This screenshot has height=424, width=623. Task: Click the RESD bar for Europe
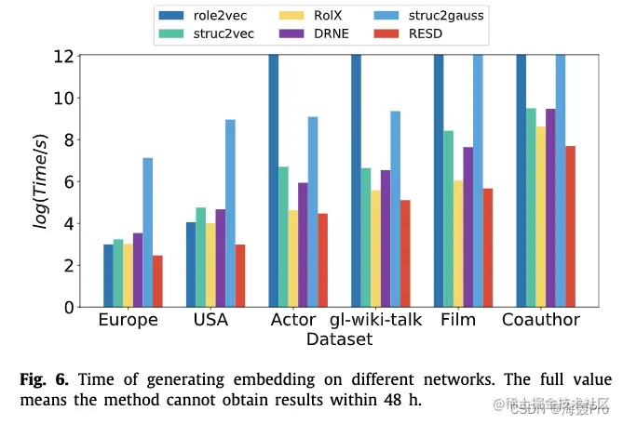(x=158, y=281)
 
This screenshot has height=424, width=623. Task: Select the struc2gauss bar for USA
(x=230, y=213)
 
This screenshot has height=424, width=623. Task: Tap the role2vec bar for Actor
(x=273, y=181)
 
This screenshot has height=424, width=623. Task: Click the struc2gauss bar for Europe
(x=148, y=232)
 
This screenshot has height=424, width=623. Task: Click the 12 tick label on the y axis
(x=62, y=56)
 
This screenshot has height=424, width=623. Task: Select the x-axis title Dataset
(x=340, y=339)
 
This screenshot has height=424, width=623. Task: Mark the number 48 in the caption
(x=396, y=401)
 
